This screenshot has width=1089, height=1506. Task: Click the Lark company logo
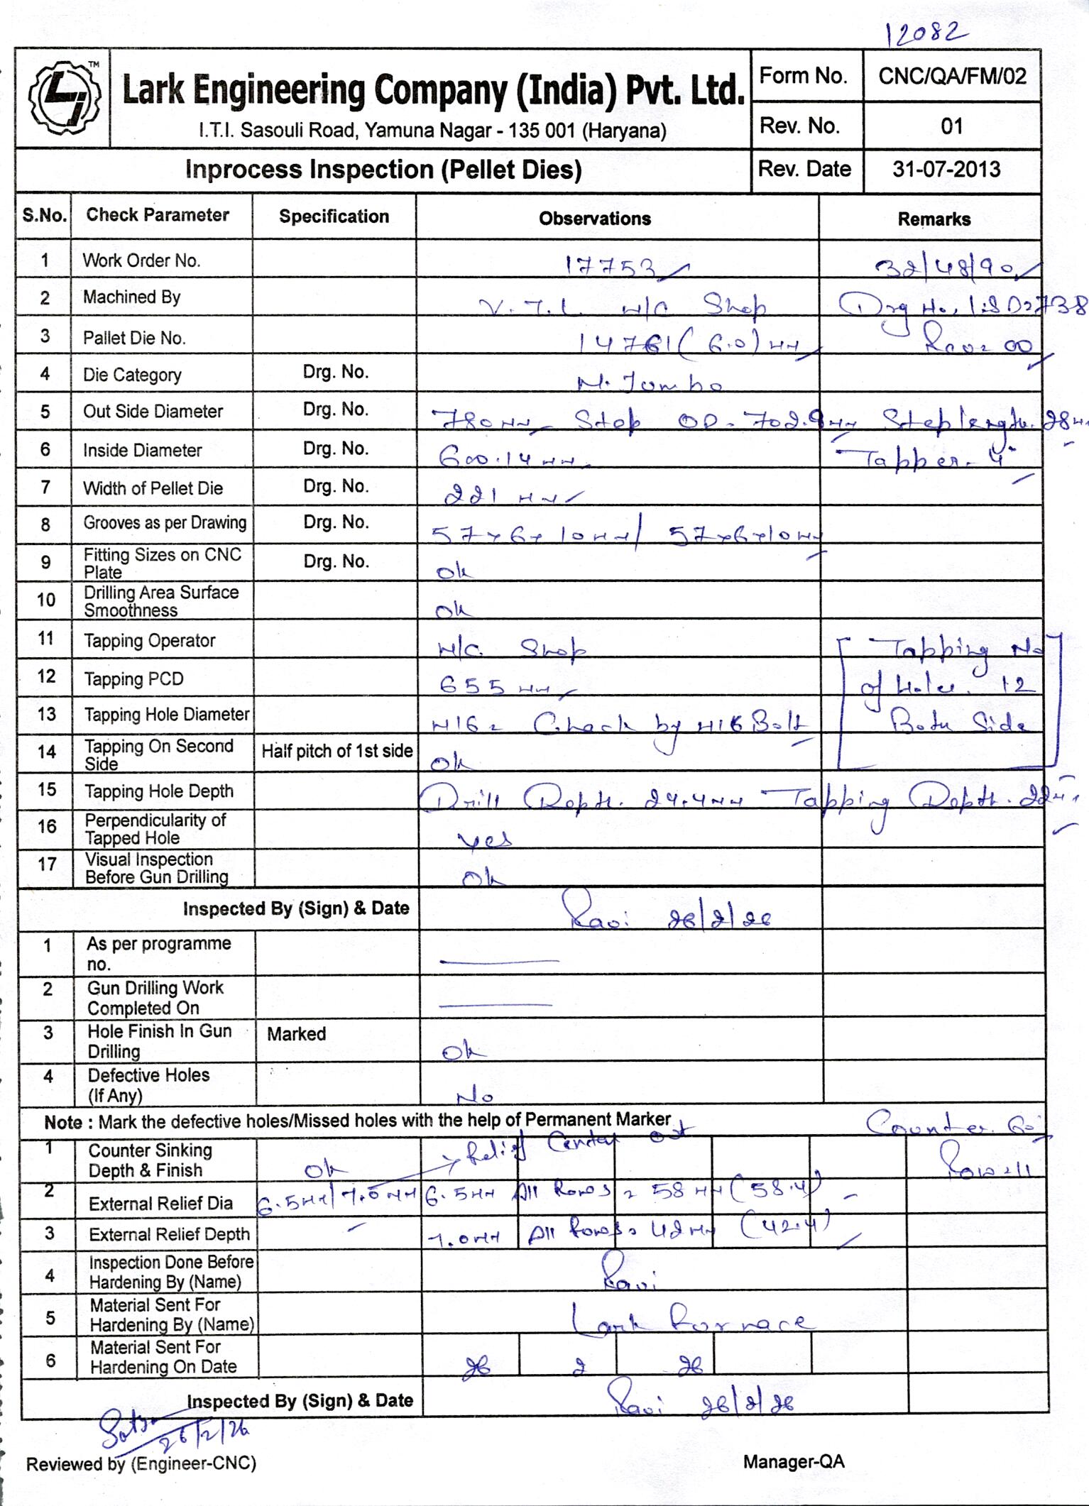click(62, 98)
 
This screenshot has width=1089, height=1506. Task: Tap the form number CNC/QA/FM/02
click(952, 76)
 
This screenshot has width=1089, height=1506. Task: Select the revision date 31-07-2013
click(946, 170)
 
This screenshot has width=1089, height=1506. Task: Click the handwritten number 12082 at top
click(926, 32)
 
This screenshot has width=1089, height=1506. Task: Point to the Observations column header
click(594, 219)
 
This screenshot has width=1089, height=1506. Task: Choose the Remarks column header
click(934, 219)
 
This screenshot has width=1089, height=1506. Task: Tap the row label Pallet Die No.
click(134, 338)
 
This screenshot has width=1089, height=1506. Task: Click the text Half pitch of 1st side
click(336, 751)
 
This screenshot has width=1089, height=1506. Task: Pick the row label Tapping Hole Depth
click(158, 791)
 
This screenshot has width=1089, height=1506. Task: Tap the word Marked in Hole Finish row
click(296, 1033)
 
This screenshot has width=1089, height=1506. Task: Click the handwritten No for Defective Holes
click(474, 1096)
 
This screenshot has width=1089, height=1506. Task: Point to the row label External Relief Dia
click(160, 1203)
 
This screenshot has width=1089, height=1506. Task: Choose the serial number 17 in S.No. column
click(47, 864)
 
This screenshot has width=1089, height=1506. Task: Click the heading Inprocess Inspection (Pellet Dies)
click(383, 170)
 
